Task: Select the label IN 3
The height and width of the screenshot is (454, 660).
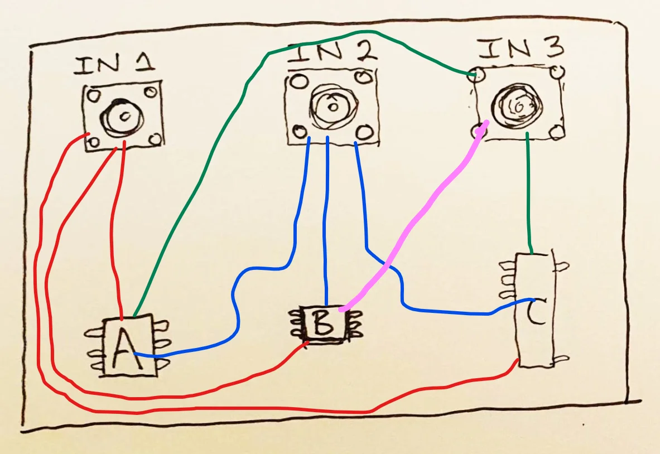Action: tap(521, 50)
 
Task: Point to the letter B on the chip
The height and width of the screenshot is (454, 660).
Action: tap(322, 324)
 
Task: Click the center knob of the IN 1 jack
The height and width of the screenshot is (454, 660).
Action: tap(123, 116)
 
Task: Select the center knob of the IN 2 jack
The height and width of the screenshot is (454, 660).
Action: tap(331, 106)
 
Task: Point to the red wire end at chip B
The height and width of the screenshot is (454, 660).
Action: tap(305, 344)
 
